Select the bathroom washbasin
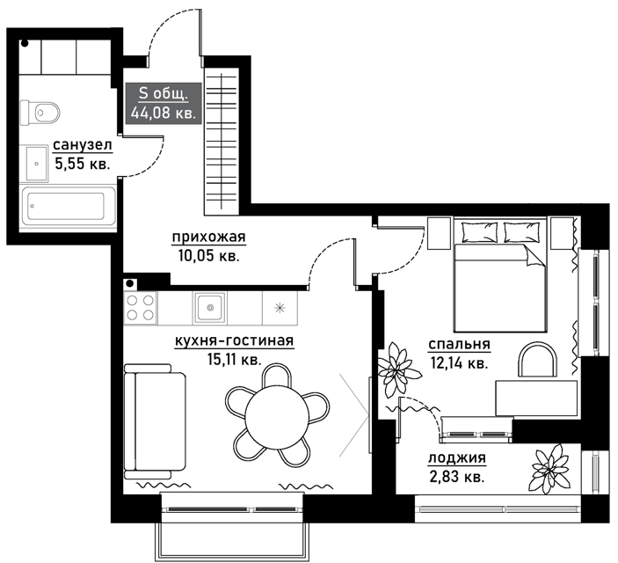(x=37, y=164)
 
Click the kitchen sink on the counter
(x=210, y=308)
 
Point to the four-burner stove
(x=141, y=308)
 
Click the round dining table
(x=277, y=417)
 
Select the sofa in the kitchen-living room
(x=154, y=421)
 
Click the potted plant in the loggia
(x=550, y=469)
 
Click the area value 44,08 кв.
(x=164, y=113)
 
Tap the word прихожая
(x=209, y=238)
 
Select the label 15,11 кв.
(x=234, y=360)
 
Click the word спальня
(x=459, y=345)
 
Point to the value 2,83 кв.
(x=456, y=477)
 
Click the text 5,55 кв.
(x=82, y=164)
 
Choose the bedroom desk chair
(x=538, y=359)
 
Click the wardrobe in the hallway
(x=222, y=142)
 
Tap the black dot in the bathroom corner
(x=25, y=43)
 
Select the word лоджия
(x=457, y=458)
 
